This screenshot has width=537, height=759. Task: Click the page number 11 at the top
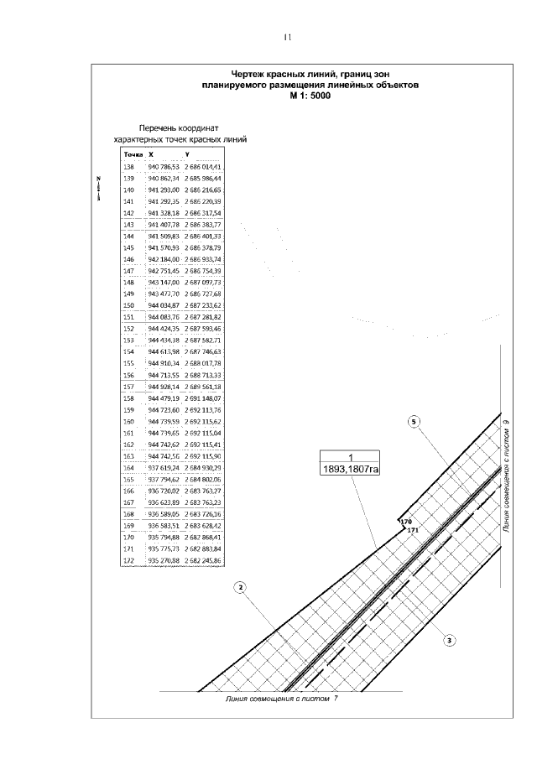[x=287, y=37]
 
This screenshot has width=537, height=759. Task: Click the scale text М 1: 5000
[x=311, y=96]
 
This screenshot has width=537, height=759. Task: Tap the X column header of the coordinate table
[x=151, y=155]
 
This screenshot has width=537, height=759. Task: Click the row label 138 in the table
[x=128, y=168]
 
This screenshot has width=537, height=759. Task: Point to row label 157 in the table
[x=128, y=387]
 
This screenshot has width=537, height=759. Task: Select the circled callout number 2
[x=241, y=586]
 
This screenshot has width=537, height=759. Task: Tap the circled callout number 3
[x=450, y=640]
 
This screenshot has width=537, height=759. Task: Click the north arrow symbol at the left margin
[x=98, y=190]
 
